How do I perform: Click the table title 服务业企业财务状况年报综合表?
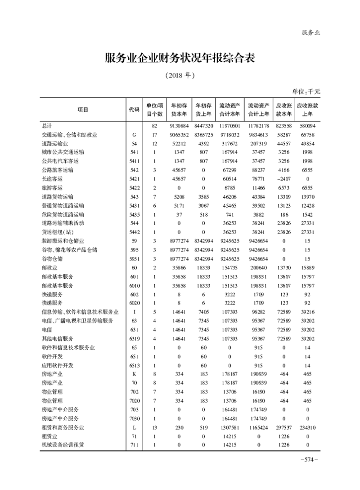pos(180,59)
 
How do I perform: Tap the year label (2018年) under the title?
pos(180,76)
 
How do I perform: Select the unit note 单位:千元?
pos(306,91)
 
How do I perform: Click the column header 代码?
pos(134,109)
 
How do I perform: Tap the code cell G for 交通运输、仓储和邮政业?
pos(134,135)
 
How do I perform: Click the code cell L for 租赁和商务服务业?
pos(134,427)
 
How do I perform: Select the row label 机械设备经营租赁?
pos(63,445)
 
